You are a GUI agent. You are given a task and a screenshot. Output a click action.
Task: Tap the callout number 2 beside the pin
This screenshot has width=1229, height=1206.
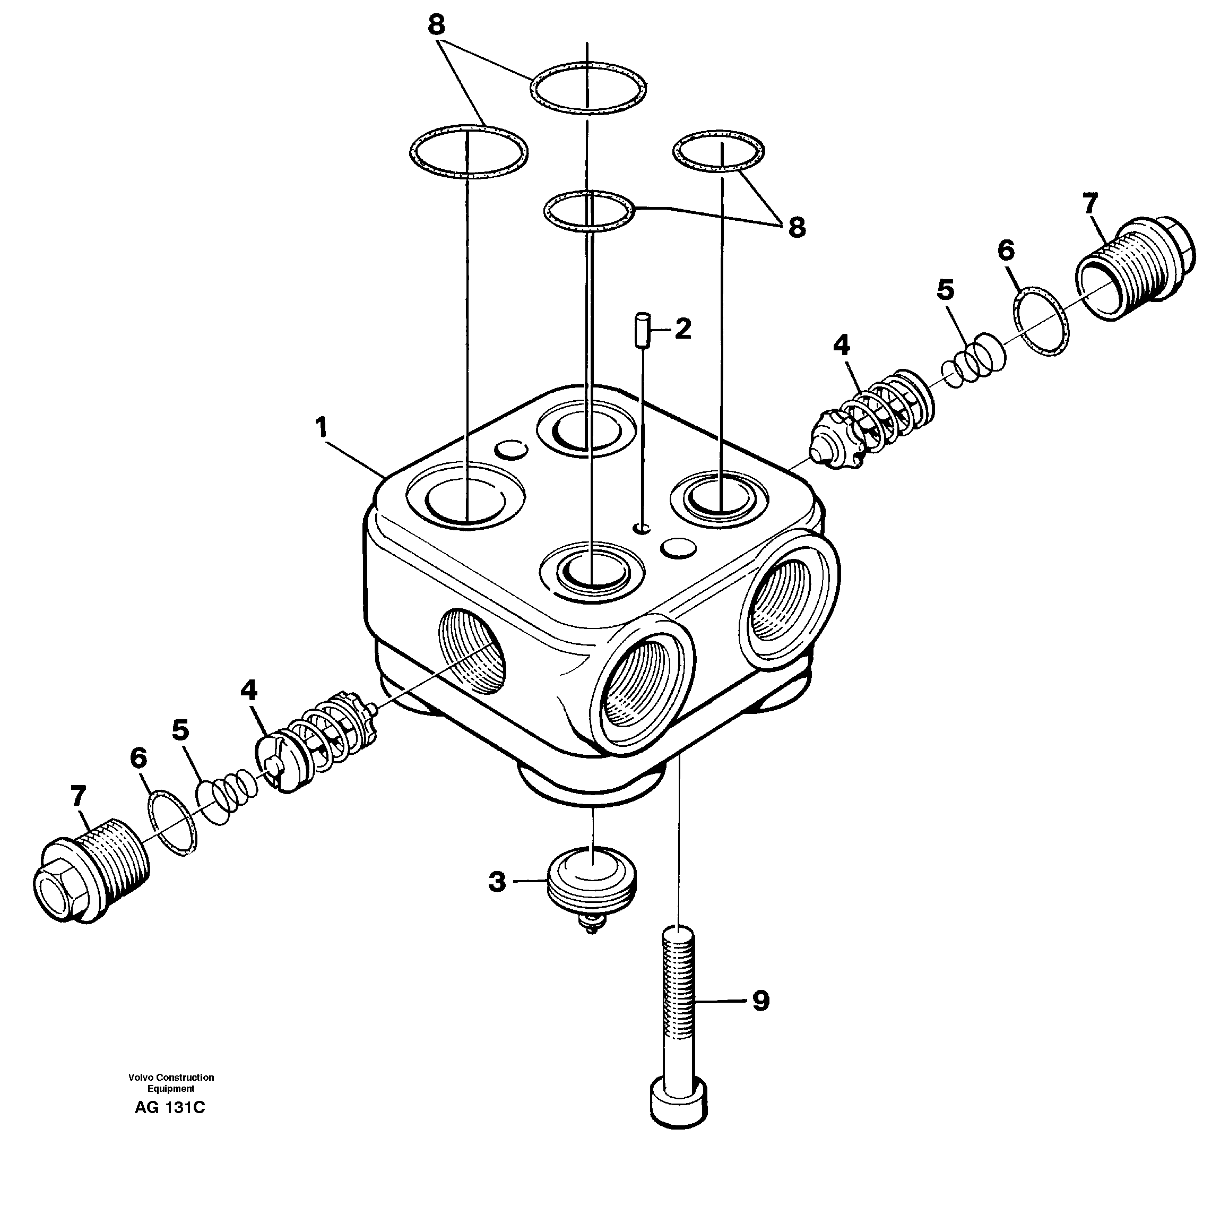point(682,329)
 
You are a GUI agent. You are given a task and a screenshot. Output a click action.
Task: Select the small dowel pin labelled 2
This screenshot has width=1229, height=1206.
point(643,330)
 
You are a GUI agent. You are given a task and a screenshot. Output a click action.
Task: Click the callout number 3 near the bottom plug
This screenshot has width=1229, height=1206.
point(497,881)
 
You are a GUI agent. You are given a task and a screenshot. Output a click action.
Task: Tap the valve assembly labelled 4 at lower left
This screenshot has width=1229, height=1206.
point(317,741)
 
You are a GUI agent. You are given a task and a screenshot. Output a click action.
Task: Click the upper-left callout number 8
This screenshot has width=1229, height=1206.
point(436,25)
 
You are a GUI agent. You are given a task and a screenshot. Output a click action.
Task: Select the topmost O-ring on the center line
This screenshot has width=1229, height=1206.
point(588,89)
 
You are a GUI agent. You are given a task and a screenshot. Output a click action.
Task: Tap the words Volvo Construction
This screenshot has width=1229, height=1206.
point(171,1078)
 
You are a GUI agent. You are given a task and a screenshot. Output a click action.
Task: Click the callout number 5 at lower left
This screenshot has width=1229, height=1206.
point(180,730)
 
